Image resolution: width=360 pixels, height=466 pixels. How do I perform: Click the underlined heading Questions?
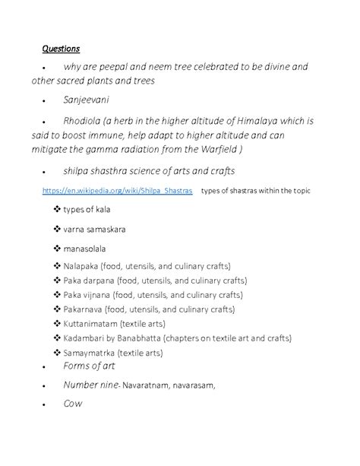(x=62, y=49)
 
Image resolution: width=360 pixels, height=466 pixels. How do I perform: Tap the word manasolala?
(x=85, y=248)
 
